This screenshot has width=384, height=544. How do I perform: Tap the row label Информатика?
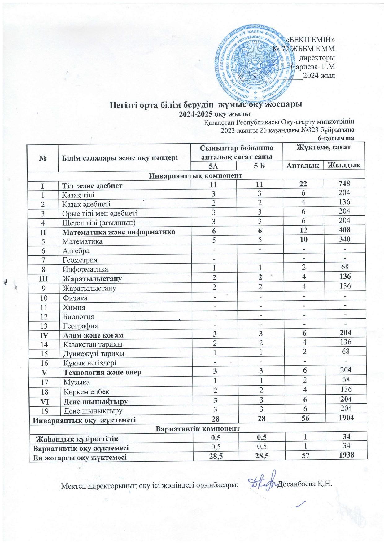[x=85, y=269]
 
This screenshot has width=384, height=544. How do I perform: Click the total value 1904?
[x=344, y=420]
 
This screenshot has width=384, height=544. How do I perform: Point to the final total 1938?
[x=344, y=456]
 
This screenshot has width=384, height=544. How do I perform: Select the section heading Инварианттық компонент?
[x=195, y=175]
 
